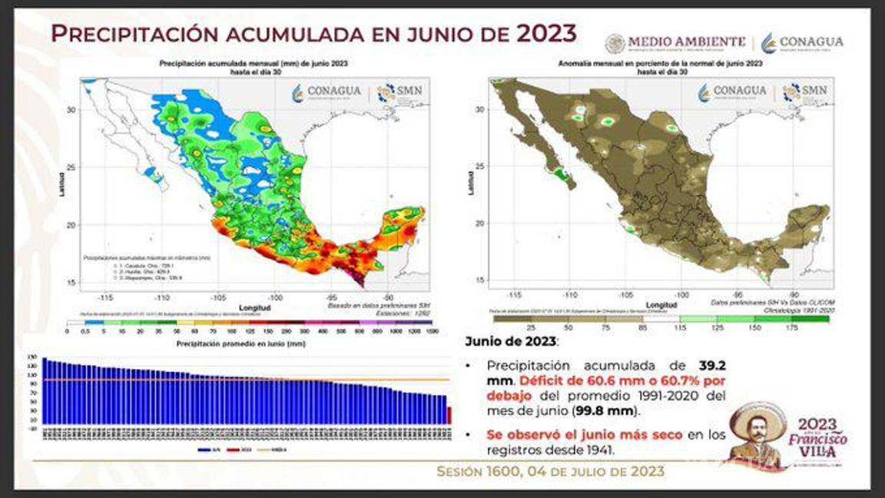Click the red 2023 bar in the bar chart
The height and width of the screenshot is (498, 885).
pos(449,415)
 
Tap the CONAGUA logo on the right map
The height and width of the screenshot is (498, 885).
pos(732,93)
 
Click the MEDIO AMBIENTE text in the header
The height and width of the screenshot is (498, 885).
pos(687,41)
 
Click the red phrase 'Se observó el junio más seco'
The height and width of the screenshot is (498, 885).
pos(584,435)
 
